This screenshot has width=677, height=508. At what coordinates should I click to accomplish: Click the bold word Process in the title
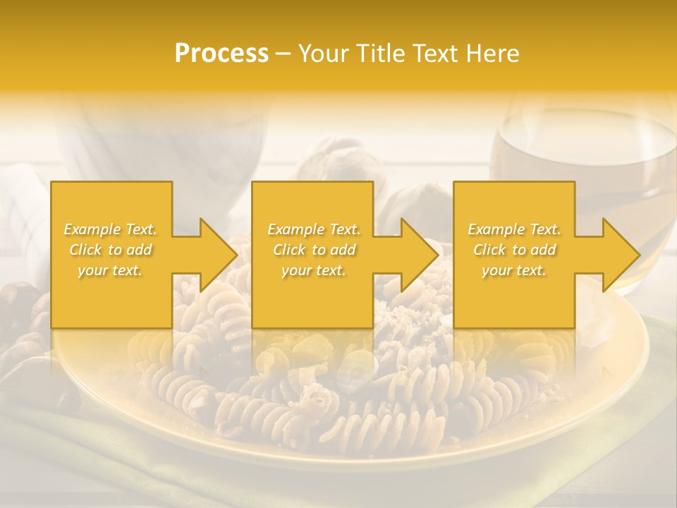click(x=221, y=54)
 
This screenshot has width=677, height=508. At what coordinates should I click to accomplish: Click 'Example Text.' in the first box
click(x=111, y=229)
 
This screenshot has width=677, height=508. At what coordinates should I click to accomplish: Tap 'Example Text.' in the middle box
click(x=314, y=229)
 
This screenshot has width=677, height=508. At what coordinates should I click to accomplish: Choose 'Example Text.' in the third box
click(x=514, y=229)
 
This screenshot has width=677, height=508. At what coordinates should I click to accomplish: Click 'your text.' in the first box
click(x=110, y=270)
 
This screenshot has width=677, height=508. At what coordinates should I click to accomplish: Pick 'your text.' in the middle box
click(x=313, y=270)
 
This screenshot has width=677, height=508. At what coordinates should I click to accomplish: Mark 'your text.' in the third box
click(x=513, y=270)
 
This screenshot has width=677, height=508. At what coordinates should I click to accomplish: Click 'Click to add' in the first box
click(x=111, y=250)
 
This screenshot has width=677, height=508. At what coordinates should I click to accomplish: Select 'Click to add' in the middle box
click(x=314, y=250)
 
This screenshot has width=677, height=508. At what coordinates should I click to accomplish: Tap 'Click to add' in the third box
click(x=514, y=250)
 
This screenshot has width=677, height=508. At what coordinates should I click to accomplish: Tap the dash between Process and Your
click(x=283, y=54)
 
